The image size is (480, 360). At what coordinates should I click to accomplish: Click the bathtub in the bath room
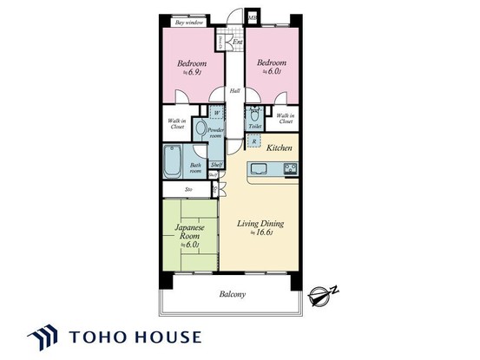(173, 161)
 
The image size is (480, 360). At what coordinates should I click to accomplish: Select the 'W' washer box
(214, 112)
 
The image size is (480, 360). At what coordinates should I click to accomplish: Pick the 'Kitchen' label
(279, 148)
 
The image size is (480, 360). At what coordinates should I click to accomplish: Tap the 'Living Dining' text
(260, 224)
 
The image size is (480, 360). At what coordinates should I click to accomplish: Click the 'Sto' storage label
(189, 189)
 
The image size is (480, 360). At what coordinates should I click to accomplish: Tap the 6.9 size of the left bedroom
(189, 74)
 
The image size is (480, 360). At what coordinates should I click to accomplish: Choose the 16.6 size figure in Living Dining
(261, 233)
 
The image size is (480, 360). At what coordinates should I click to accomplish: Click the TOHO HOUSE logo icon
(43, 337)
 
